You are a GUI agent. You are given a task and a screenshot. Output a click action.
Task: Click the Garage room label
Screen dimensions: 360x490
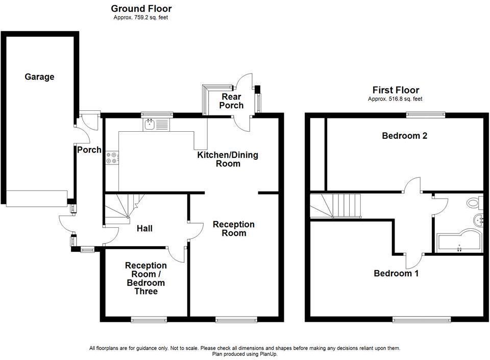(x=39, y=77)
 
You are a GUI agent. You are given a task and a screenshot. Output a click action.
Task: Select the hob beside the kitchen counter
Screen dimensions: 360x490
(x=111, y=158)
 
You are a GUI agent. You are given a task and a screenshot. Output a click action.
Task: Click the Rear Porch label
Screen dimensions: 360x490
(x=231, y=101)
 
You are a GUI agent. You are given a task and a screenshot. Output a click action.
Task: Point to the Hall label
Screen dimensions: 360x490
(x=144, y=229)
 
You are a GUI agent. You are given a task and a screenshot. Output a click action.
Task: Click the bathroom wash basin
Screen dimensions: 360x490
(x=478, y=221)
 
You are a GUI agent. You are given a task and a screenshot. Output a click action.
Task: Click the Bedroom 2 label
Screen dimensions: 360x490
(x=404, y=136)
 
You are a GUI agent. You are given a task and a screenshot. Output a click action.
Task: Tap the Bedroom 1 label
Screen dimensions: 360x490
(x=396, y=274)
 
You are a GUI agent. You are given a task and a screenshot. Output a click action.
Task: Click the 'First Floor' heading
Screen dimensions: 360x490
(x=396, y=90)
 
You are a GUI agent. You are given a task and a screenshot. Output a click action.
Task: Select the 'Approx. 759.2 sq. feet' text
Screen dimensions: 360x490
(x=141, y=17)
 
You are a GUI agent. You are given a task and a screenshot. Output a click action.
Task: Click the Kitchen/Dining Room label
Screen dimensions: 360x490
(x=228, y=159)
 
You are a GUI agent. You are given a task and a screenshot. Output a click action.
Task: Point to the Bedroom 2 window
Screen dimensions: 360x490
(x=425, y=114)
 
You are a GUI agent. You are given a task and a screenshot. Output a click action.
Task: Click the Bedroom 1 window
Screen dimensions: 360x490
(x=422, y=319)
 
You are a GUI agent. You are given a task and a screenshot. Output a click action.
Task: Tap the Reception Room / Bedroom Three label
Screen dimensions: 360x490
(x=145, y=278)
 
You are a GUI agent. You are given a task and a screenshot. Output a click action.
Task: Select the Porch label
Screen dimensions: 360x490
(x=89, y=150)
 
